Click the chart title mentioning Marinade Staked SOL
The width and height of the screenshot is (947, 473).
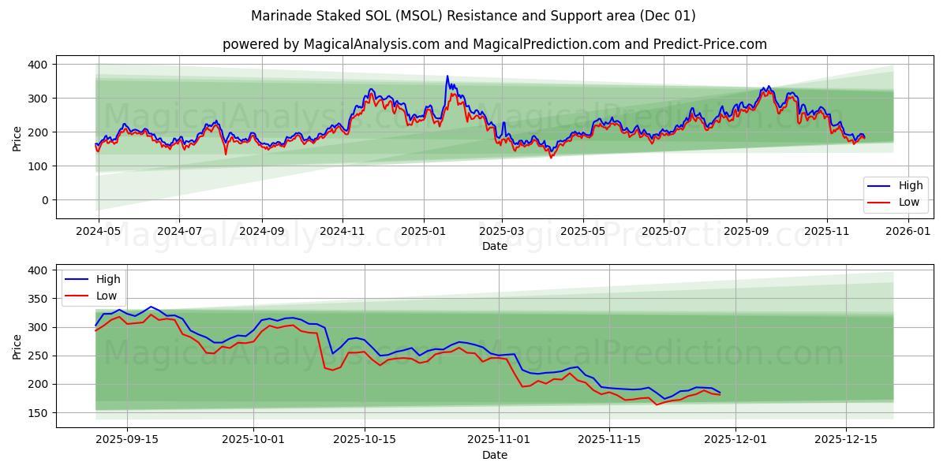473,16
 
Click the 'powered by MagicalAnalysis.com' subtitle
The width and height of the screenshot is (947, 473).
494,44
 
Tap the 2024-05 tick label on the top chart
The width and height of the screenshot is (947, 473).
98,232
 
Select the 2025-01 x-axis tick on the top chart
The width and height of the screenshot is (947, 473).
423,232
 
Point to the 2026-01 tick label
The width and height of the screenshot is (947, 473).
908,232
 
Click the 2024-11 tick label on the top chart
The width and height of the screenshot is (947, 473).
342,232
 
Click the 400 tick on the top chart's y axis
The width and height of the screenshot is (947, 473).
37,64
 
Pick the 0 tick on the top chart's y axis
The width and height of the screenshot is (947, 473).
44,200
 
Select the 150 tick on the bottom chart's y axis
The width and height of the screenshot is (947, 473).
37,413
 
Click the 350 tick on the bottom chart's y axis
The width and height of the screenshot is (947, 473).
37,299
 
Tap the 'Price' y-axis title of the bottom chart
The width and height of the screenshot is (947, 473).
17,345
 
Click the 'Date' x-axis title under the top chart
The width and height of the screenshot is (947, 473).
494,246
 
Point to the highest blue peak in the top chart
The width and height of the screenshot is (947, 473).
447,76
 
